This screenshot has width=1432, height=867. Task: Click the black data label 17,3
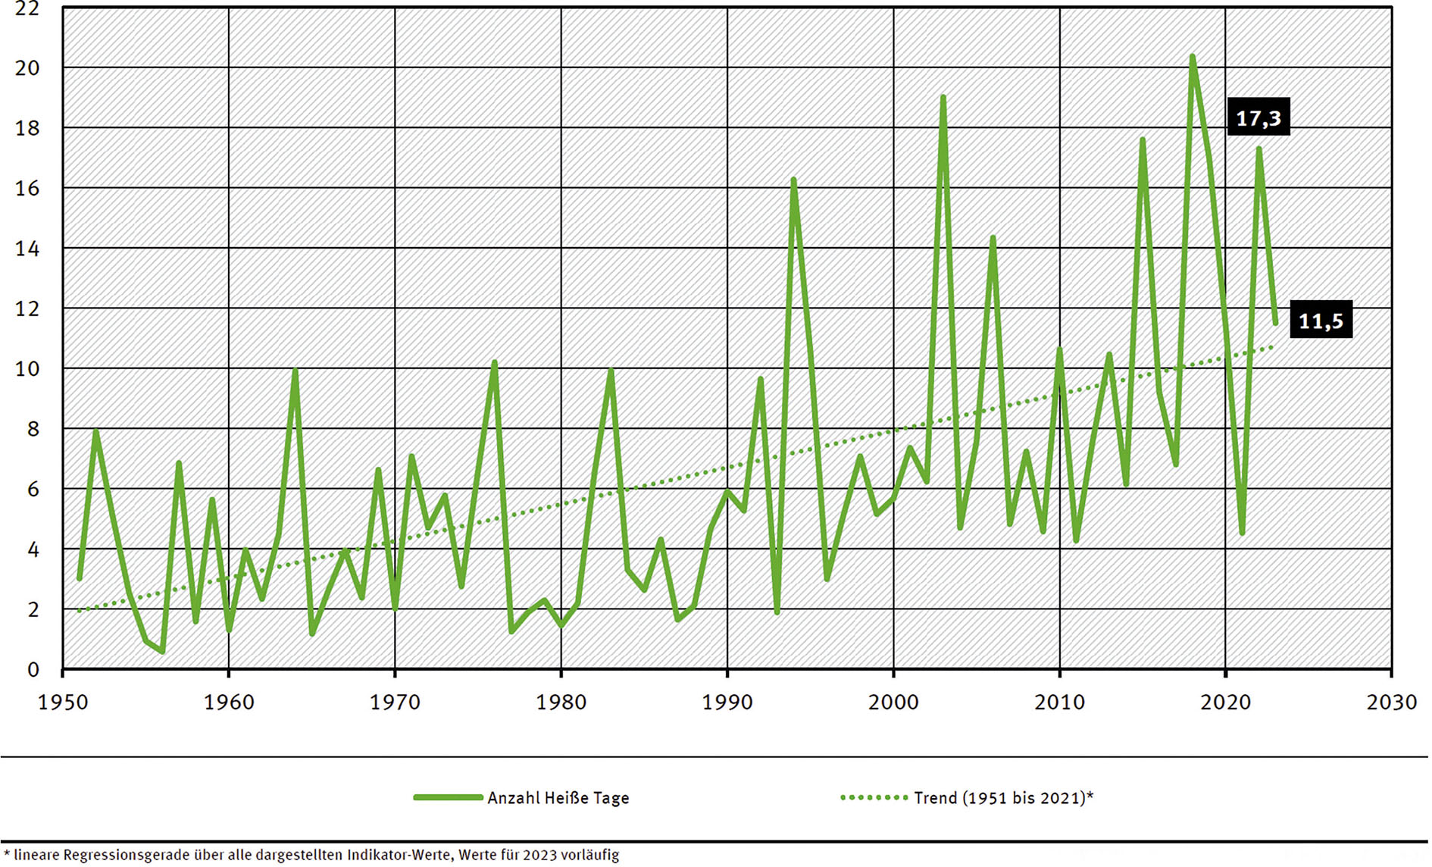point(1258,118)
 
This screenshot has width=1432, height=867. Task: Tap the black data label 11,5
point(1321,321)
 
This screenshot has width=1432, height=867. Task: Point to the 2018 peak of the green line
point(1192,57)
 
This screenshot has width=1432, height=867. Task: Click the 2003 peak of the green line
point(943,97)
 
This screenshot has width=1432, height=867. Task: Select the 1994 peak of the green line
point(793,180)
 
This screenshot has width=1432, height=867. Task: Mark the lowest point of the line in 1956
point(162,651)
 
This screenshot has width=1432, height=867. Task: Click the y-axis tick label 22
point(27,9)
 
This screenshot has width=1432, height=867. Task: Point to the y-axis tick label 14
point(27,249)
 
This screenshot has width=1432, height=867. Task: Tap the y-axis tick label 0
point(33,670)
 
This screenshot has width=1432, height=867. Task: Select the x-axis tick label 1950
point(63,703)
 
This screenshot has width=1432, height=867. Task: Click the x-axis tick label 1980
point(561,703)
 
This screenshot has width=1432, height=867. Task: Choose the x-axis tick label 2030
point(1391,703)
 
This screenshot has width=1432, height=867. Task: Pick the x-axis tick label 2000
point(893,703)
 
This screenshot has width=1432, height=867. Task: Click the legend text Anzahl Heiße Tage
point(558,798)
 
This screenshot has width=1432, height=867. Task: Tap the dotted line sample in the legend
point(874,797)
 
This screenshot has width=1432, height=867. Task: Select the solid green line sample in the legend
point(448,797)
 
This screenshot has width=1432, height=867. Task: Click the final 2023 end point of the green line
point(1275,323)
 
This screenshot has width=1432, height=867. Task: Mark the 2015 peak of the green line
point(1142,140)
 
